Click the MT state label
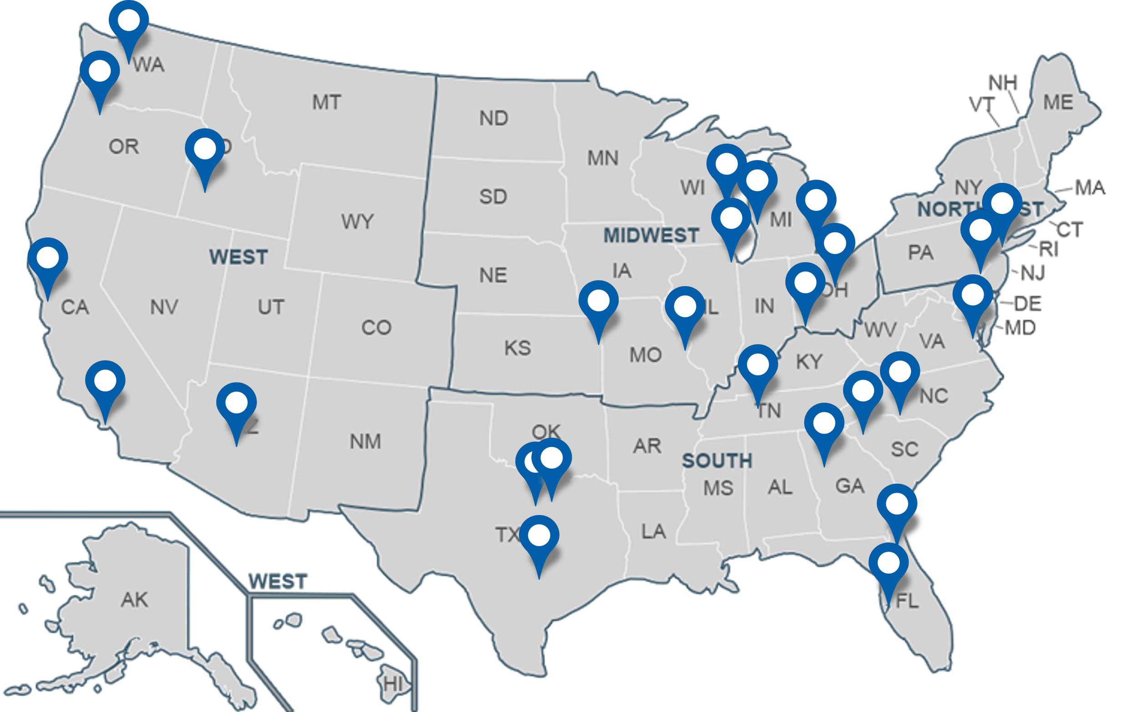327,102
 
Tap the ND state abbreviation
493,118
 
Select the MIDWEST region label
651,235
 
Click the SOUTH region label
717,460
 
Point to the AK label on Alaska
134,600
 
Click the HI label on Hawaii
393,683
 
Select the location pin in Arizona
236,404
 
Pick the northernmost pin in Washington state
128,21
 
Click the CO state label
376,327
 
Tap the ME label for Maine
1058,102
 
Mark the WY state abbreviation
357,221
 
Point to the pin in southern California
105,381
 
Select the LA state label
653,532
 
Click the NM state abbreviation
365,442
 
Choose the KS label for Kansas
518,348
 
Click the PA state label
920,253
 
